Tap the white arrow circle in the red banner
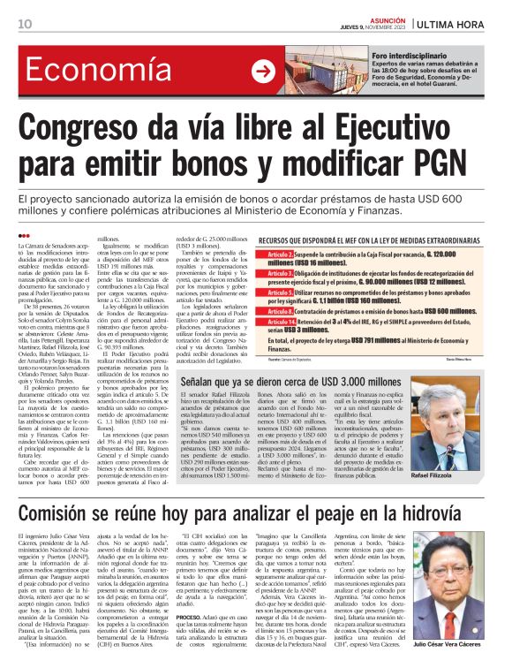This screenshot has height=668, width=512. point(262,72)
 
